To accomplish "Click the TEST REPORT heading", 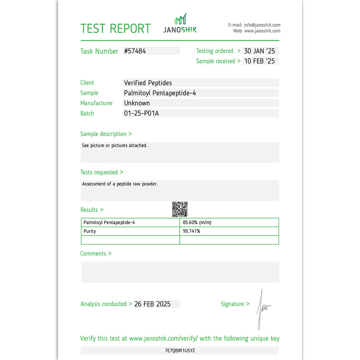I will click(115, 29).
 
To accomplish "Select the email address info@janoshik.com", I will click(262, 25).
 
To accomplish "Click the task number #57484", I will click(135, 51).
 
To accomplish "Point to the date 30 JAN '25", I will click(260, 51).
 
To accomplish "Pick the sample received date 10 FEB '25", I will click(260, 61).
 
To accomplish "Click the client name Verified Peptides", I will click(148, 83).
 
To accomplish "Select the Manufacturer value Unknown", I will click(137, 103).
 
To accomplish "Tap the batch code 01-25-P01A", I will click(141, 113).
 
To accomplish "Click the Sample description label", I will click(103, 134).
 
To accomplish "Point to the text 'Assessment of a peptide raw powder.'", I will click(120, 184).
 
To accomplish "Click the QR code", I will click(180, 209).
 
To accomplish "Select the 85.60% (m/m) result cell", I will click(197, 223).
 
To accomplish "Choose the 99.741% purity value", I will click(191, 231).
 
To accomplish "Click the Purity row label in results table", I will click(90, 231).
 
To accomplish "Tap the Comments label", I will click(93, 254).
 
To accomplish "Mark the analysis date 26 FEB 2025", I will click(152, 304).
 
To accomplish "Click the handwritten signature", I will click(262, 308).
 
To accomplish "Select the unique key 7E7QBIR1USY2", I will click(180, 351).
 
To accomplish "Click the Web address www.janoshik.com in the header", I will click(262, 31).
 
